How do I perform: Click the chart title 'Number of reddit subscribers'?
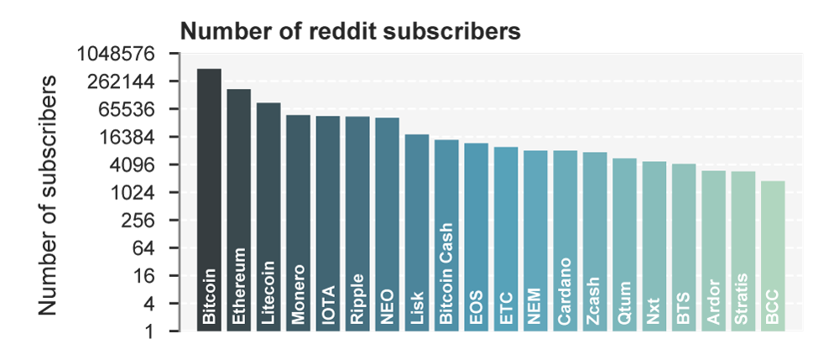352,32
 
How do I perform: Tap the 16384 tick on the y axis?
133,137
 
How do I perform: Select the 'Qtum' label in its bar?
624,302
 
